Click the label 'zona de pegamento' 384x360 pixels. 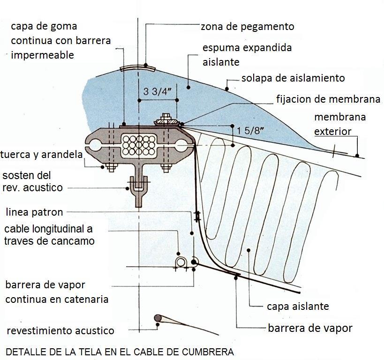(x=247, y=27)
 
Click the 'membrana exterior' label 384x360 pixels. (x=339, y=124)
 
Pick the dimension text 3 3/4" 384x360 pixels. (x=157, y=91)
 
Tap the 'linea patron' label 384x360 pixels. (x=34, y=212)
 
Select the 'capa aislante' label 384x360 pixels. (x=298, y=307)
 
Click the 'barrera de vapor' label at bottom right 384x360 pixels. (x=309, y=328)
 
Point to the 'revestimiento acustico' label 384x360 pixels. (x=60, y=330)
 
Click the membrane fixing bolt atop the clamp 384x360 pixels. (x=165, y=119)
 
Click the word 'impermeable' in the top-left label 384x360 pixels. (x=42, y=55)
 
